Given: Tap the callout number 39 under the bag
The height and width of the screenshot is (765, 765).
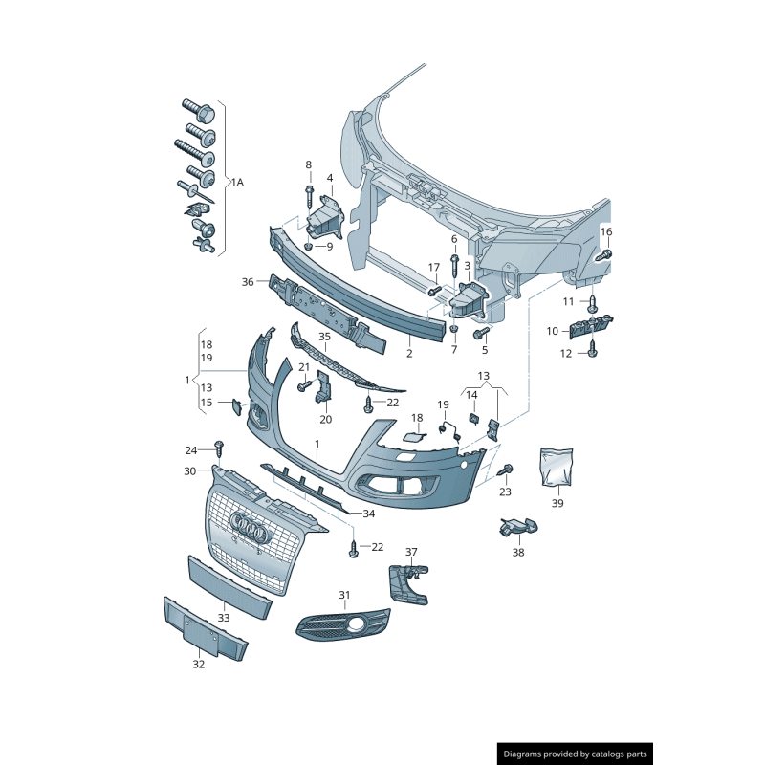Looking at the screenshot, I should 557,502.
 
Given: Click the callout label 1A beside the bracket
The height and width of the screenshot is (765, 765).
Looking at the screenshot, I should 236,182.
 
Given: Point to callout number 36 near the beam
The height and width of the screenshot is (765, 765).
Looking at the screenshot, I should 248,282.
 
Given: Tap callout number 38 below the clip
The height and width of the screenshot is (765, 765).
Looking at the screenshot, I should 518,552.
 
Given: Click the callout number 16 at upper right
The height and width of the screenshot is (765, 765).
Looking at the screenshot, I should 606,232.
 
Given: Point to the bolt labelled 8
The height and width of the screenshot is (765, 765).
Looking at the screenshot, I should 309,195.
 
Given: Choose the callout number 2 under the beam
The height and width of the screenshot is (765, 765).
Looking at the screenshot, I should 409,353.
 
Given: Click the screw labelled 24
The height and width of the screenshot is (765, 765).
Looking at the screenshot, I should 219,448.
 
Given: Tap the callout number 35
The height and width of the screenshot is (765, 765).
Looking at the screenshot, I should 324,337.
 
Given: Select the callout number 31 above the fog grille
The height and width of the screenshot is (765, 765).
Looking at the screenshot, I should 344,595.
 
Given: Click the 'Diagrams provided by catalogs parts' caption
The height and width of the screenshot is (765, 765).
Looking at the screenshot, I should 575,754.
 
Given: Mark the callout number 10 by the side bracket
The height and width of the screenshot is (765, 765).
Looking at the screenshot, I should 553,331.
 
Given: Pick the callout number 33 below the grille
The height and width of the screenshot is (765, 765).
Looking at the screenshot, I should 223,618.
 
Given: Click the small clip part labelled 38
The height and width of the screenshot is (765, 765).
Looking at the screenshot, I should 516,526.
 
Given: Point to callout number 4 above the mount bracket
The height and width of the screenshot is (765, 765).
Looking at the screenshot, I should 330,178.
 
